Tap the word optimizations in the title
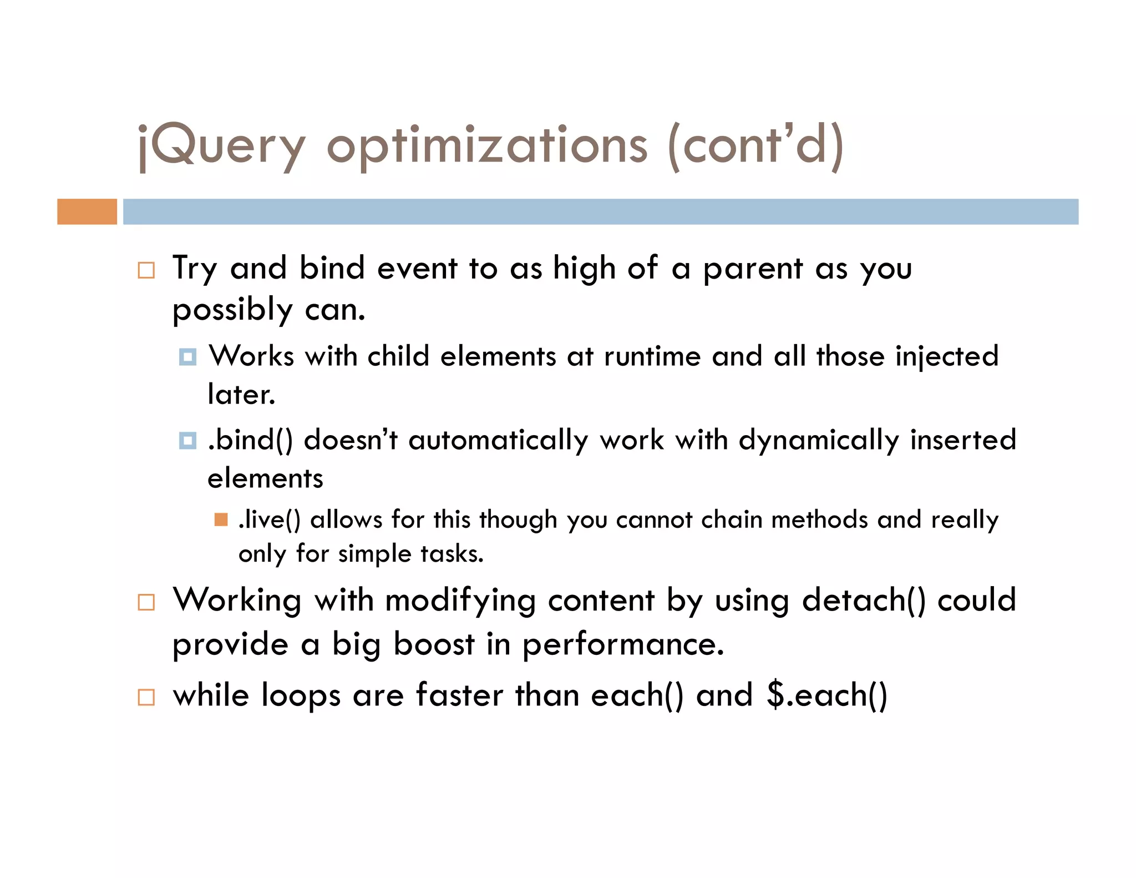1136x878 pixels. click(x=487, y=146)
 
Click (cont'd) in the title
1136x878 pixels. click(x=756, y=146)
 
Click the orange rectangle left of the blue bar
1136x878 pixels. click(x=87, y=211)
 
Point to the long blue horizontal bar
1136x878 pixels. click(x=600, y=211)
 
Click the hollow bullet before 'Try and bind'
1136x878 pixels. click(x=146, y=270)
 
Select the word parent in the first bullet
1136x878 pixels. click(x=753, y=269)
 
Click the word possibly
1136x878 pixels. click(x=232, y=310)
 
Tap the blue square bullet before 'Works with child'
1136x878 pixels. click(x=188, y=357)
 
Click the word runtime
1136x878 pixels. click(x=652, y=356)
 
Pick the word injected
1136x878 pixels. click(x=946, y=357)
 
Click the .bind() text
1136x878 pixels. click(x=250, y=440)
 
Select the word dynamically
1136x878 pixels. click(x=818, y=441)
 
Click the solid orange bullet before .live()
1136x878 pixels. click(x=221, y=519)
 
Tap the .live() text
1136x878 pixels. click(x=270, y=519)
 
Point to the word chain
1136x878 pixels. click(x=731, y=519)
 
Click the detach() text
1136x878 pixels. click(x=864, y=601)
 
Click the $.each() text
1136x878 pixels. click(x=827, y=695)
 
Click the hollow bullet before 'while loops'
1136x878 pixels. click(x=146, y=697)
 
